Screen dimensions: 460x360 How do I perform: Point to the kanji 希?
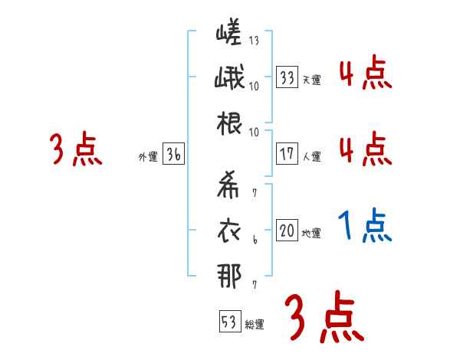click(228, 185)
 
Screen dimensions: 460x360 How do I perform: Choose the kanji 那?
click(228, 277)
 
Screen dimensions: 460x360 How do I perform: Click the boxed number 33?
click(287, 77)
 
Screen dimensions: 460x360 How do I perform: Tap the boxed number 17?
click(287, 153)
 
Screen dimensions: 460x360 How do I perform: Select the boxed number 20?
click(287, 231)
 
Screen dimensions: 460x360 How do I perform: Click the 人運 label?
click(311, 157)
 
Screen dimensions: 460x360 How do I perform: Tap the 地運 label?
click(311, 234)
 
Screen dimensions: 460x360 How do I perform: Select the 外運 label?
click(147, 157)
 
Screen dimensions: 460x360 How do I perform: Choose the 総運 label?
click(255, 325)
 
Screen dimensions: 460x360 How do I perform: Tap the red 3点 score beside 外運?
click(76, 149)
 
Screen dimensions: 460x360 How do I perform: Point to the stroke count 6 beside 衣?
click(255, 241)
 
